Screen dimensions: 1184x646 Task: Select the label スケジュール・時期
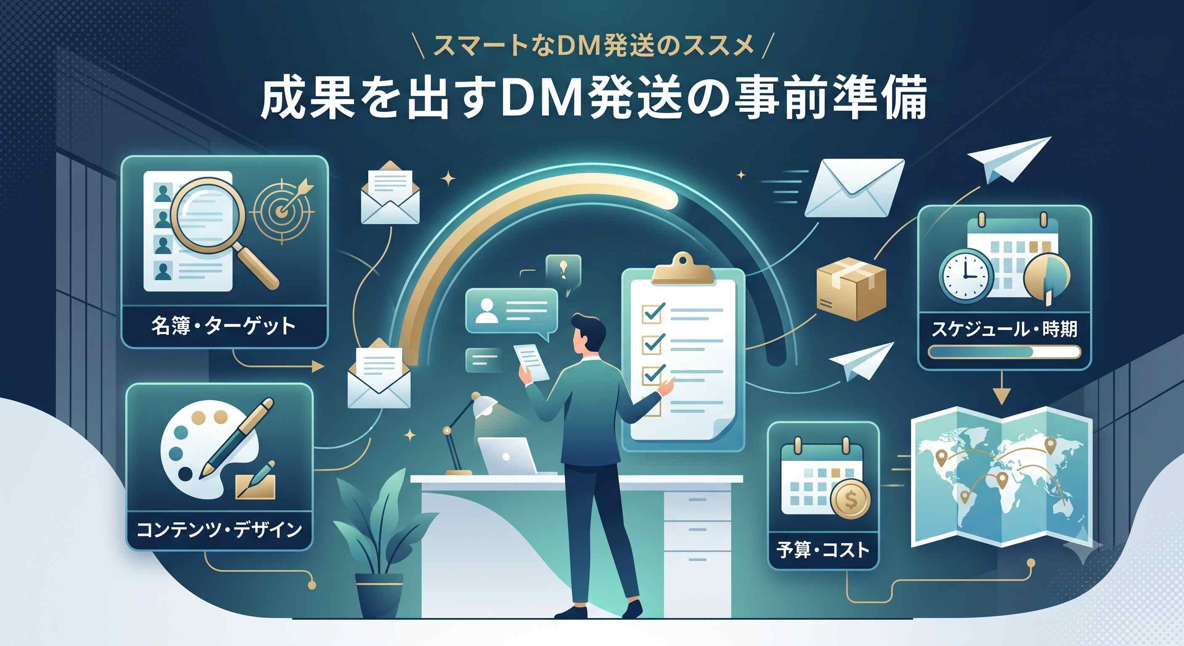(x=1004, y=329)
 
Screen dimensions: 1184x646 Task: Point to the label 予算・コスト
(x=823, y=550)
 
